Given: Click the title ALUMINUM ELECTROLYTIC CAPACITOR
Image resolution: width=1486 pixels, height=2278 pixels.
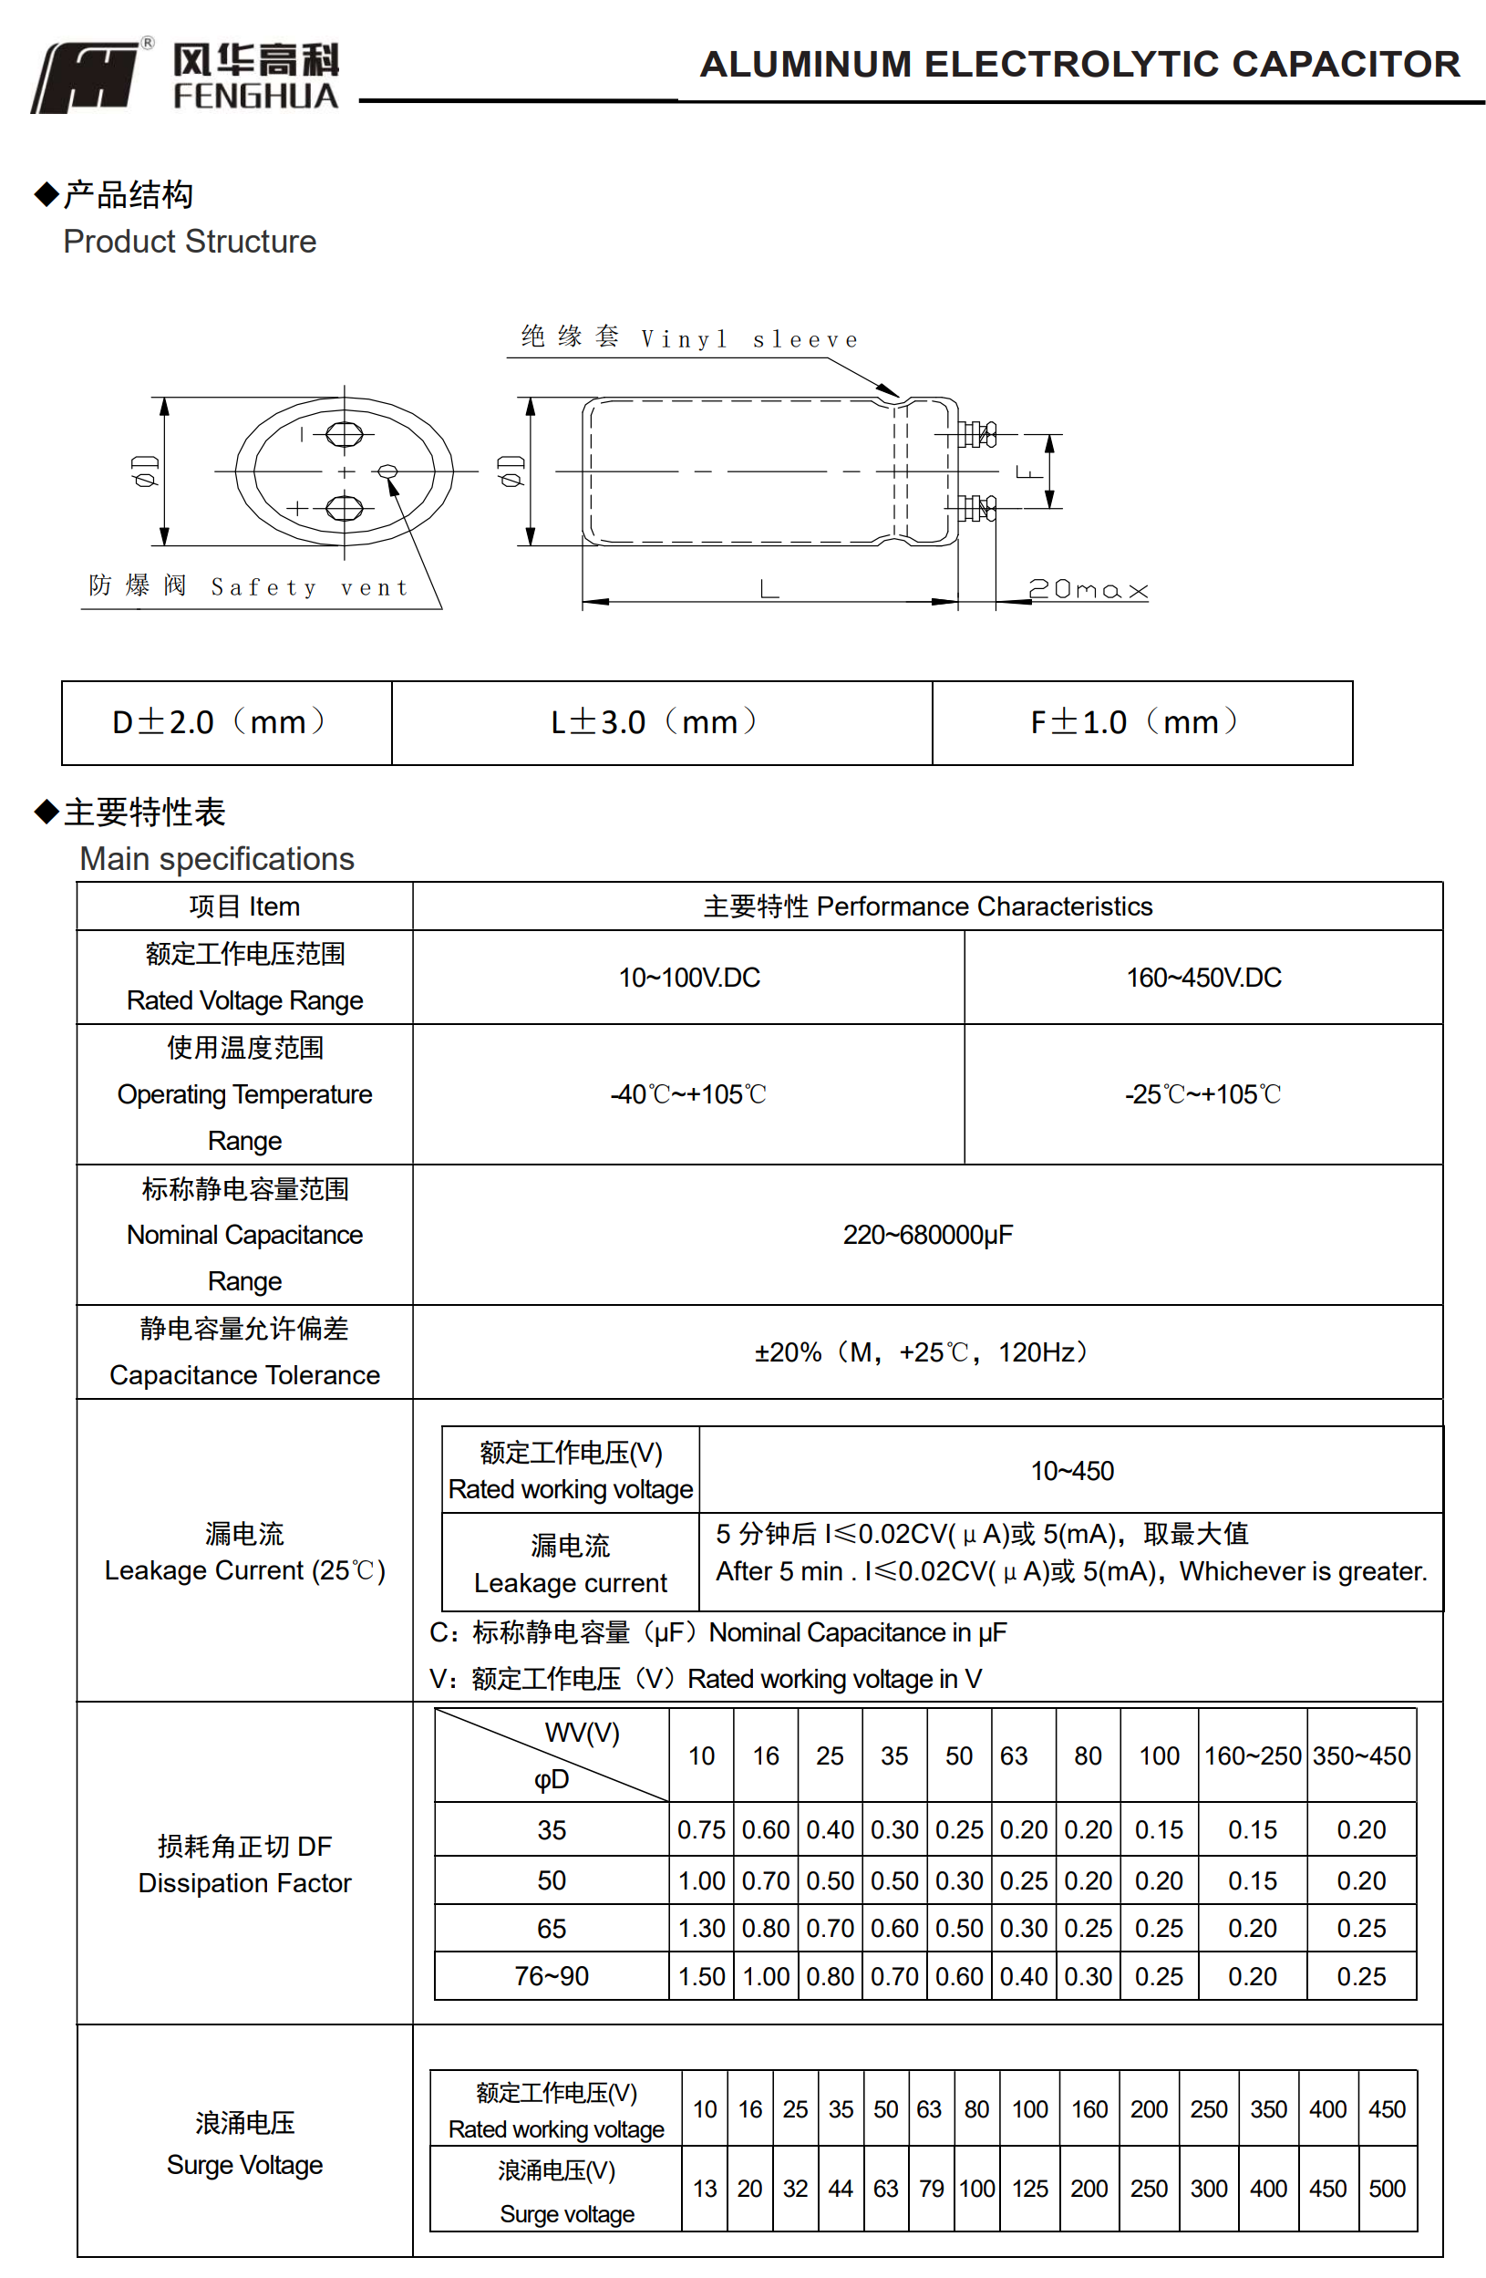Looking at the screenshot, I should pos(1078,64).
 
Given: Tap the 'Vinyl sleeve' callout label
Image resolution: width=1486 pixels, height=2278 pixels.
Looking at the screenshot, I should pos(689,338).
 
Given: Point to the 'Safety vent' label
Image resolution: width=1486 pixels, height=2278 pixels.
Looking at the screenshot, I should pos(249,585).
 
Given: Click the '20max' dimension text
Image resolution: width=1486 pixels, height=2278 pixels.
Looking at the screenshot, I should pos(1086,590).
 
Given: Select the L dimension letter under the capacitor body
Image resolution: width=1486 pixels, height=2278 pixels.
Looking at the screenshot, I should pos(769,587).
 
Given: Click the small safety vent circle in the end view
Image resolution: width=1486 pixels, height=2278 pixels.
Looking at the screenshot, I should pos(387,470).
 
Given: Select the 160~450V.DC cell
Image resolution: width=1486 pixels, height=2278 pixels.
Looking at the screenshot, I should pos(1202,978).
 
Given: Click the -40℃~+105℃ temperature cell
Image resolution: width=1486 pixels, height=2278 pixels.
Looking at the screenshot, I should pos(688,1094).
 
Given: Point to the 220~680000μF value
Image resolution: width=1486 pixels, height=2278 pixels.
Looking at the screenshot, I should pos(926,1235).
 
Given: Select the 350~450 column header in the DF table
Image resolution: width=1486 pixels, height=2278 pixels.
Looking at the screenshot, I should pos(1361,1755).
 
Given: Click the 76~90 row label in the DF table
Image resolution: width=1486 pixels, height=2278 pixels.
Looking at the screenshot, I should pos(552,1975).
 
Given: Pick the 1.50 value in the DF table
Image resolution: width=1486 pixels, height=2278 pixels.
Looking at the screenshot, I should pos(701,1975).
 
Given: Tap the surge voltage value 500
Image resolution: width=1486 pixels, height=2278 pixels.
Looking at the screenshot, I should pos(1387,2188).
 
